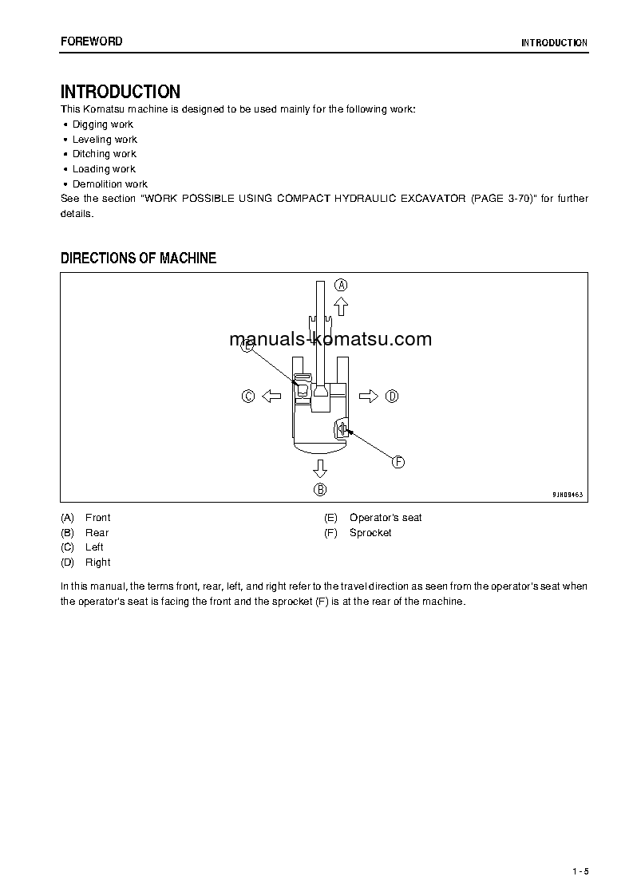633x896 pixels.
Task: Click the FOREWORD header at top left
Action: pos(92,41)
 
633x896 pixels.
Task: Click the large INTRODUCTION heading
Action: pos(121,92)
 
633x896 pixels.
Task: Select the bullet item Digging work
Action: pos(103,124)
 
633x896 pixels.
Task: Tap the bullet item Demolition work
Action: pos(110,184)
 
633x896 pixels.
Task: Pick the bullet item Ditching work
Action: pos(105,154)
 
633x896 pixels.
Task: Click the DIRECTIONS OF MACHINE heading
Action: pos(139,259)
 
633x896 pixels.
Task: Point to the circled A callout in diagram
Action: pos(341,285)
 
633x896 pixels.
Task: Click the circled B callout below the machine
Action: pos(319,489)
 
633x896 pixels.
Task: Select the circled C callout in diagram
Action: pos(248,396)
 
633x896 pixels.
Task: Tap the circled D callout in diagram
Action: pos(391,396)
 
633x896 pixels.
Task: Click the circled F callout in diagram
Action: pos(398,461)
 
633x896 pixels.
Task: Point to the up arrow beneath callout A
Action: pos(341,305)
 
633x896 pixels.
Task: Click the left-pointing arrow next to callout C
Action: pos(271,396)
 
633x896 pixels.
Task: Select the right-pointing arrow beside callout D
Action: pos(368,396)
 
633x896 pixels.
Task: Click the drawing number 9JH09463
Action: pos(568,495)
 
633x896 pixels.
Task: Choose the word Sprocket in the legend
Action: pos(370,533)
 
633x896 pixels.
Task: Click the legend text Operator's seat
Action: pos(386,518)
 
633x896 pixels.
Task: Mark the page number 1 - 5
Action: pos(580,871)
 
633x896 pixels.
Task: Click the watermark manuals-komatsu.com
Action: pos(330,339)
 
